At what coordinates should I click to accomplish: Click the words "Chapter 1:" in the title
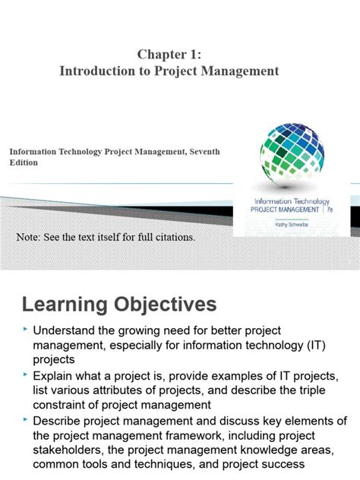(x=169, y=54)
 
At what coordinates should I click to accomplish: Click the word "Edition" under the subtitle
(x=24, y=162)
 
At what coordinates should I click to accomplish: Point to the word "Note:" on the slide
(x=30, y=238)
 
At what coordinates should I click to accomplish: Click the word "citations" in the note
(x=171, y=238)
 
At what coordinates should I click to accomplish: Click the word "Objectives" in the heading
(x=163, y=305)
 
